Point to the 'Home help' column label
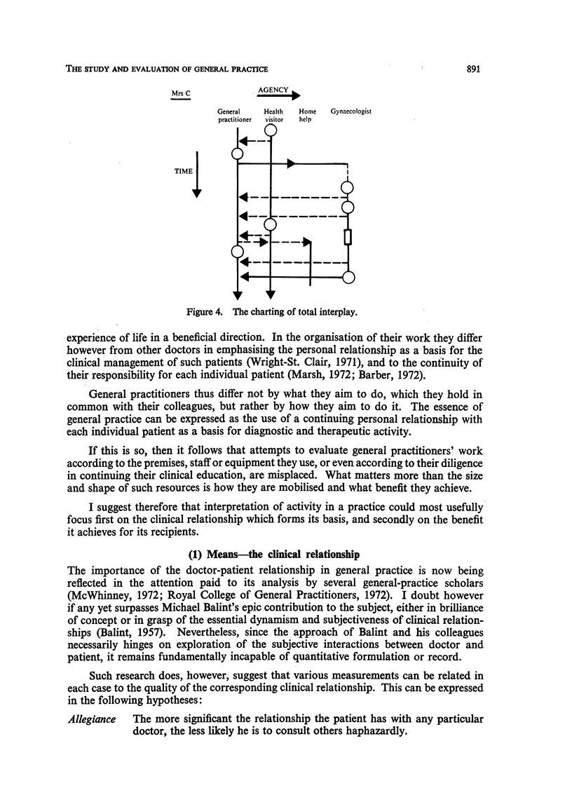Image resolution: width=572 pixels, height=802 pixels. point(307,115)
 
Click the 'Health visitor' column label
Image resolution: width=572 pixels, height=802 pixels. point(273,115)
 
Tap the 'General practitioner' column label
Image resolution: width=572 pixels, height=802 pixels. point(235,115)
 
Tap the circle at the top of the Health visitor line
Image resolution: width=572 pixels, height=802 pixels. point(271,130)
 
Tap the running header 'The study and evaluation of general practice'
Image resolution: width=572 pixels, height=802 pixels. point(167,68)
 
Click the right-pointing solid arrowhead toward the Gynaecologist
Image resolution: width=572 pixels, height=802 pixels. point(291,164)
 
